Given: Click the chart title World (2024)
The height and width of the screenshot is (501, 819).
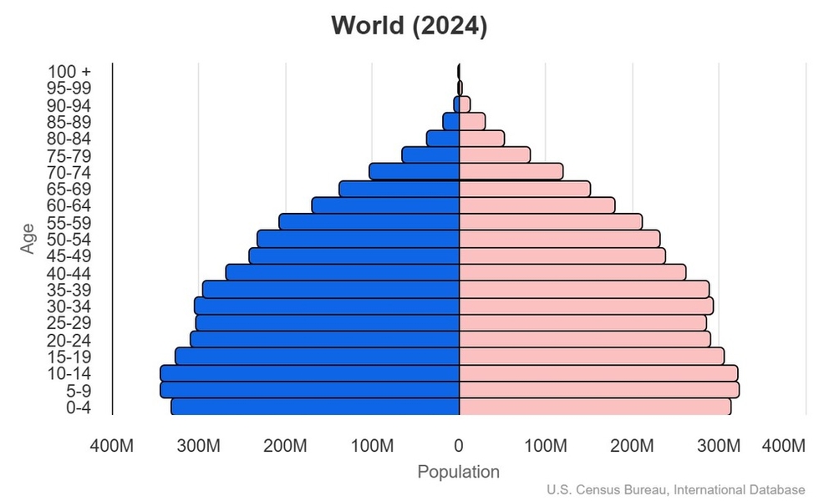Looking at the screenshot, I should [x=409, y=26].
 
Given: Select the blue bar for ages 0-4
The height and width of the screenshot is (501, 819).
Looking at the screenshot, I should [x=315, y=407].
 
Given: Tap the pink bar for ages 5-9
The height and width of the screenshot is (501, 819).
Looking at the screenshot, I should [x=598, y=390].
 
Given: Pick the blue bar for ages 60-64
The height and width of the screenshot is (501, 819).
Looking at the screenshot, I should [x=385, y=205].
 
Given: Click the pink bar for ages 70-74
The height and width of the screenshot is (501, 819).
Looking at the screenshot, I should [x=511, y=171].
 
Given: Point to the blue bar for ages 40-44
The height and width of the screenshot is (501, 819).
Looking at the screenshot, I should [x=343, y=273].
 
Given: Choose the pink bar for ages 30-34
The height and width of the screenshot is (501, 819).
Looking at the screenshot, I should [x=586, y=306].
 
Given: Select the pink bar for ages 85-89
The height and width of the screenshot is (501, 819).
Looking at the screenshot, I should [x=472, y=122].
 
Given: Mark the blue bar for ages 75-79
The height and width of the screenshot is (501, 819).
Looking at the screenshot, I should [x=430, y=155].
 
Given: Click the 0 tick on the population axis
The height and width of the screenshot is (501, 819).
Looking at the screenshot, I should [x=459, y=446].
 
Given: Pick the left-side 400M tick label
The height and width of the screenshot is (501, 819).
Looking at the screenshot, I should [x=111, y=446].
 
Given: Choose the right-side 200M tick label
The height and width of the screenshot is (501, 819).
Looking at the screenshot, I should [x=633, y=446].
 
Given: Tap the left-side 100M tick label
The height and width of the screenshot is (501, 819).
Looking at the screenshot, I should [x=372, y=446].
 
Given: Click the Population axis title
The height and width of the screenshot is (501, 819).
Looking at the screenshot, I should [x=458, y=472].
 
